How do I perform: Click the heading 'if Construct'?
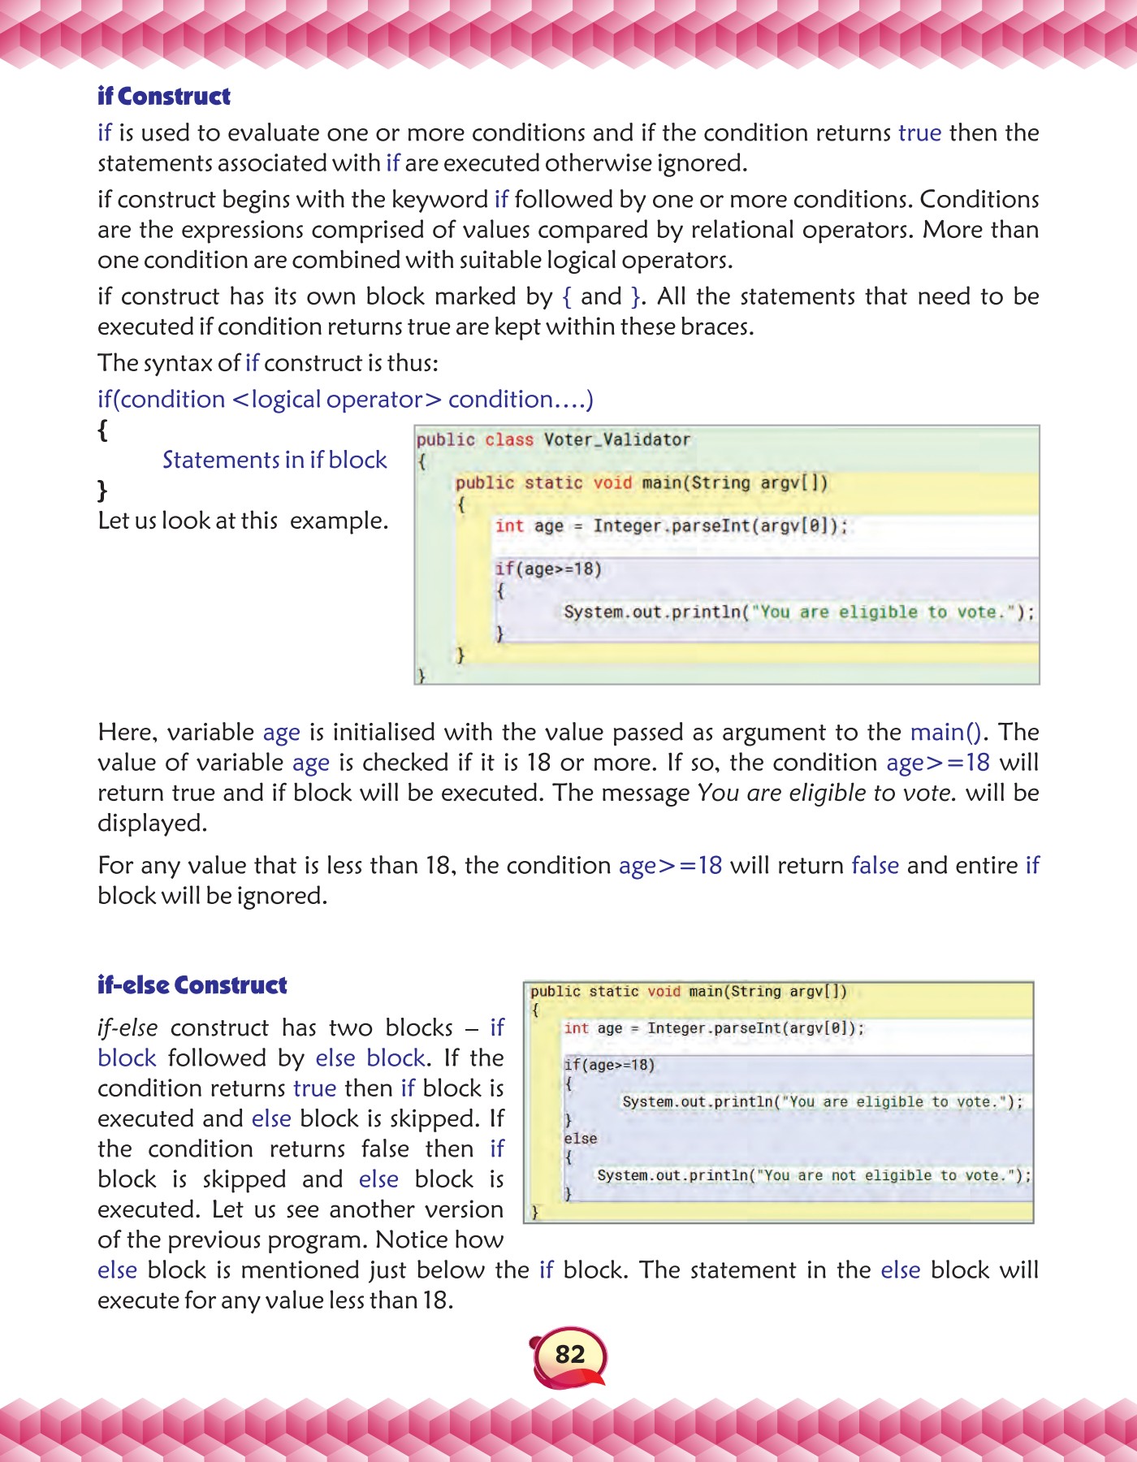point(163,97)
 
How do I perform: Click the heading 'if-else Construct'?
point(192,985)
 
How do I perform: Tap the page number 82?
point(569,1354)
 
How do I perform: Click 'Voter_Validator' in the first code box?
point(616,439)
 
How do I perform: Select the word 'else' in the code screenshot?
point(580,1139)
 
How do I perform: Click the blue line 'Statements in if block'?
point(275,460)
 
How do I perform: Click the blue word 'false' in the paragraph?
point(875,865)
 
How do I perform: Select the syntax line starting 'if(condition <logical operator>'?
point(345,400)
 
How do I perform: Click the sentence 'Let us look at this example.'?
point(243,521)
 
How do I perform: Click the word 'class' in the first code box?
point(509,439)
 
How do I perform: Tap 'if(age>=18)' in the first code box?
point(548,569)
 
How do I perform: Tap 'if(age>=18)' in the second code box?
point(609,1065)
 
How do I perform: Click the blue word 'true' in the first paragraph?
point(919,132)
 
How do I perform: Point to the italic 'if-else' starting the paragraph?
point(128,1027)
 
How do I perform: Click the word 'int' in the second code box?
point(576,1028)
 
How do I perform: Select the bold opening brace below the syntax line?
point(102,430)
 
